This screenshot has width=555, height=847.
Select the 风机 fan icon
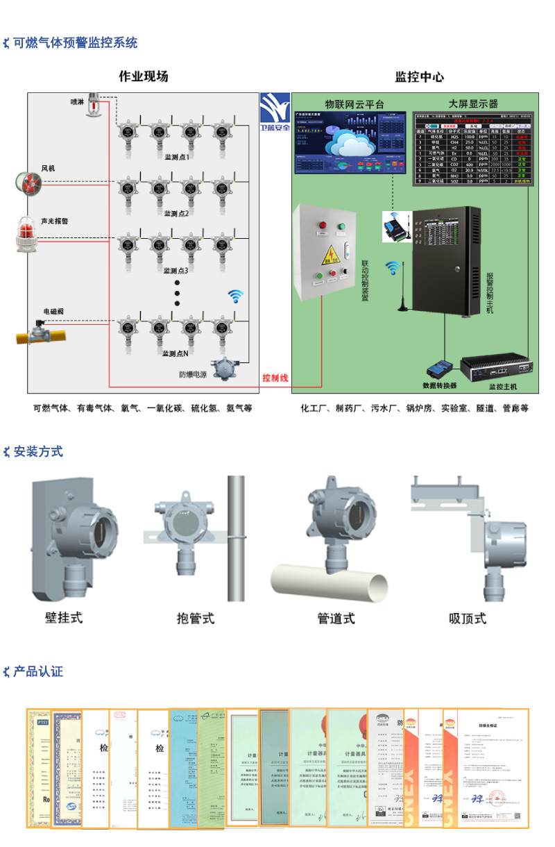click(29, 183)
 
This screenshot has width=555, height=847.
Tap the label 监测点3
click(176, 270)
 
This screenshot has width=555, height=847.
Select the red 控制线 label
click(275, 378)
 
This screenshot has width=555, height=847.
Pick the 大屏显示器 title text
click(473, 103)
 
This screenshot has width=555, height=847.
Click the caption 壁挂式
click(64, 617)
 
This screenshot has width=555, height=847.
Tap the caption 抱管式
click(196, 618)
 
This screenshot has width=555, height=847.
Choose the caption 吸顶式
click(468, 618)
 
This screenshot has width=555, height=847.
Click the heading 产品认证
click(38, 671)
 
